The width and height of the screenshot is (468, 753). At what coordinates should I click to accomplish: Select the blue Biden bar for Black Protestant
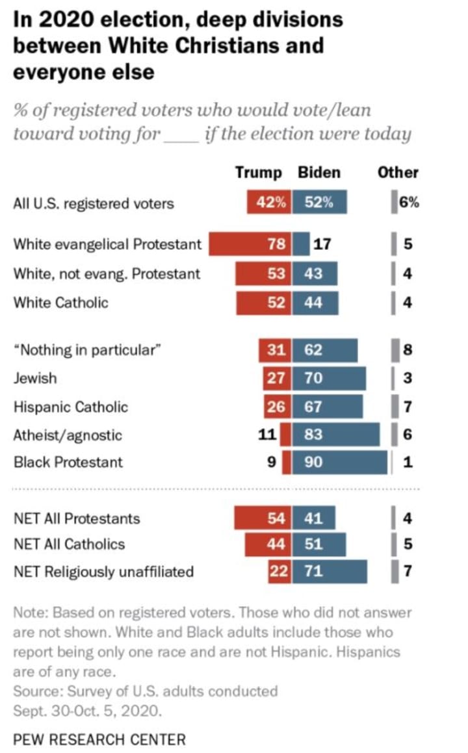tap(339, 463)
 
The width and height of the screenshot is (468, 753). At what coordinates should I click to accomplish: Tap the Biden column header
tap(318, 173)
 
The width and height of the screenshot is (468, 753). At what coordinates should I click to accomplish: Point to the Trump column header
tap(259, 173)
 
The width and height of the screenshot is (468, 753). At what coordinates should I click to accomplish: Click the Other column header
tap(398, 173)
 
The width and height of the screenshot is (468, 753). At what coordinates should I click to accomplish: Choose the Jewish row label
tap(35, 378)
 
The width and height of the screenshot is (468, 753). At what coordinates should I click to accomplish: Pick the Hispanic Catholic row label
tap(71, 407)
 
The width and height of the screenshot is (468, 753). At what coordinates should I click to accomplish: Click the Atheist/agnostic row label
tap(68, 435)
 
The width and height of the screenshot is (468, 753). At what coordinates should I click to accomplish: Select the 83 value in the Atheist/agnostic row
tap(313, 435)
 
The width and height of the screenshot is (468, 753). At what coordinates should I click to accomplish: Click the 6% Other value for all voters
tap(408, 203)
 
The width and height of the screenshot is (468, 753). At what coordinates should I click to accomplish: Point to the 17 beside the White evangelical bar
tap(322, 245)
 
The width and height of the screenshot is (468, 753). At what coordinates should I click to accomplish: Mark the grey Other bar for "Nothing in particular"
tap(394, 350)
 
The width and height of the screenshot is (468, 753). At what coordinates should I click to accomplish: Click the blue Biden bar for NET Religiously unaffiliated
tap(330, 572)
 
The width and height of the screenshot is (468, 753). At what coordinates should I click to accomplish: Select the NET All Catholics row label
tap(69, 544)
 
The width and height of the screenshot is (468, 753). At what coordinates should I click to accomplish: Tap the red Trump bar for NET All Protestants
tap(263, 518)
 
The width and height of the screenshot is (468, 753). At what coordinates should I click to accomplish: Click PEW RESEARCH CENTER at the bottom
tap(99, 739)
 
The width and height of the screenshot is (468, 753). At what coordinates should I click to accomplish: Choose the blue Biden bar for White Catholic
tap(315, 303)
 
